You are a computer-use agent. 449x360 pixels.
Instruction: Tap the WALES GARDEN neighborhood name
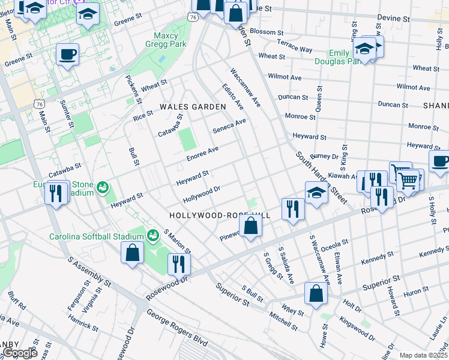[193, 107]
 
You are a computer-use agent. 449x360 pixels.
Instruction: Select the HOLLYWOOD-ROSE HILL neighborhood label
[220, 215]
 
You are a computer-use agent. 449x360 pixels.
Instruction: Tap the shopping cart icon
[408, 179]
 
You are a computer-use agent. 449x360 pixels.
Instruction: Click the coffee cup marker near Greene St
[67, 55]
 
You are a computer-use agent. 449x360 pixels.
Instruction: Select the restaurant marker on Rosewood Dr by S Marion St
[179, 263]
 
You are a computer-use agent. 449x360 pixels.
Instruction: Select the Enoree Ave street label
[202, 153]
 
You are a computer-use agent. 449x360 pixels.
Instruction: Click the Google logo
[19, 353]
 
